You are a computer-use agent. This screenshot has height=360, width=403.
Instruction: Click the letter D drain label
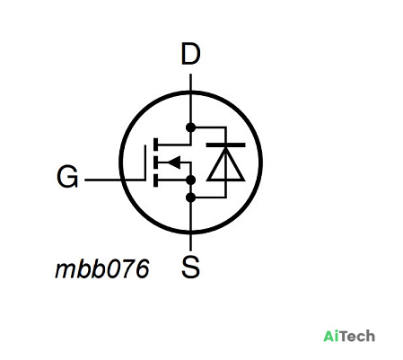pos(190,54)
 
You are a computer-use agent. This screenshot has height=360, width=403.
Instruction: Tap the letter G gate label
pos(67,177)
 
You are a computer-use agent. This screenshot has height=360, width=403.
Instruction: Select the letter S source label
pos(190,267)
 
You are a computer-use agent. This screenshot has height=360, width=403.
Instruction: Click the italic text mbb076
pos(102,268)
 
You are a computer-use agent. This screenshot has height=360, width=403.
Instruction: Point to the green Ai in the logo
pos(329,336)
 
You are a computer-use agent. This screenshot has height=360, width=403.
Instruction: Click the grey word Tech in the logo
pos(355,336)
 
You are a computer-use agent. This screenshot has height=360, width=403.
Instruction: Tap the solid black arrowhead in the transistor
pos(174,162)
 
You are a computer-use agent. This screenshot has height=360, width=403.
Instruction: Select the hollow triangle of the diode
pos(226,164)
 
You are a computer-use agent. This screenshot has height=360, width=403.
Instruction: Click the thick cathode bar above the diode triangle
pos(226,145)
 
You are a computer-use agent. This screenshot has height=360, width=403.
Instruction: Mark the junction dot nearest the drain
pos(190,127)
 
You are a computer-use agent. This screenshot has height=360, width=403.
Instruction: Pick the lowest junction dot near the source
pos(190,198)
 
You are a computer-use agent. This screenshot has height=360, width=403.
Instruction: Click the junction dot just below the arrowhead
pos(190,180)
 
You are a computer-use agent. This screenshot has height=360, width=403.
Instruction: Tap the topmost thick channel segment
pos(155,145)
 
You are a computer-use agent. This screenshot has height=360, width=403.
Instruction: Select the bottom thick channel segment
pos(155,180)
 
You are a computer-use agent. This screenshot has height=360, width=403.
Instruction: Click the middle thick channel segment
pos(155,162)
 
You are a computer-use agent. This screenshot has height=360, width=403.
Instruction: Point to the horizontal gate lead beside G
pos(115,180)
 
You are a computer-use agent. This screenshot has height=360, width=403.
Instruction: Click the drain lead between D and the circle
pos(190,83)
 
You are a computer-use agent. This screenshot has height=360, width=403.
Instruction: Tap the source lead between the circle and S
pos(190,241)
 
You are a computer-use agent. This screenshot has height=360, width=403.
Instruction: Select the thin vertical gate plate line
pos(145,163)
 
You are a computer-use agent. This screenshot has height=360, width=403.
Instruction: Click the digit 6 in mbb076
pos(143,268)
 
